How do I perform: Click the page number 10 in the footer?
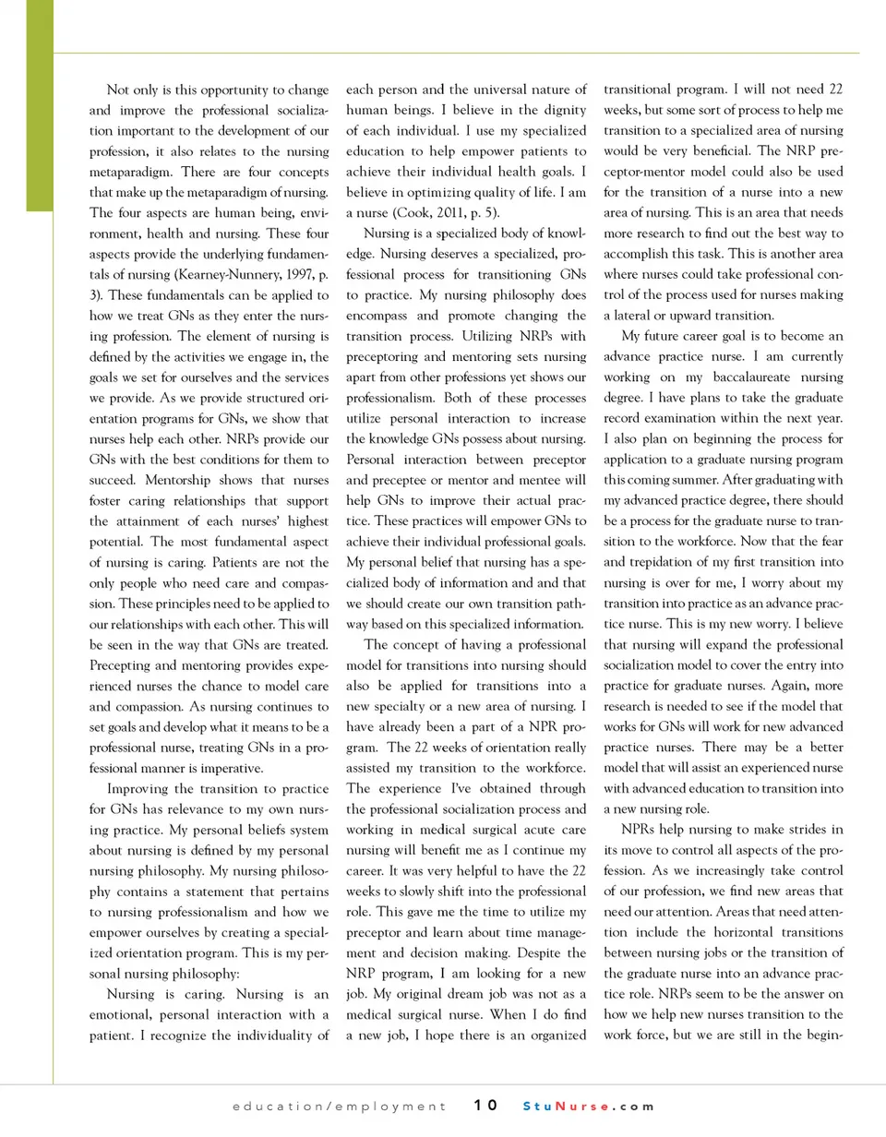pos(486,1106)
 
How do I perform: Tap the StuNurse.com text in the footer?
pos(588,1106)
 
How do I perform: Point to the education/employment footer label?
pos(340,1106)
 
